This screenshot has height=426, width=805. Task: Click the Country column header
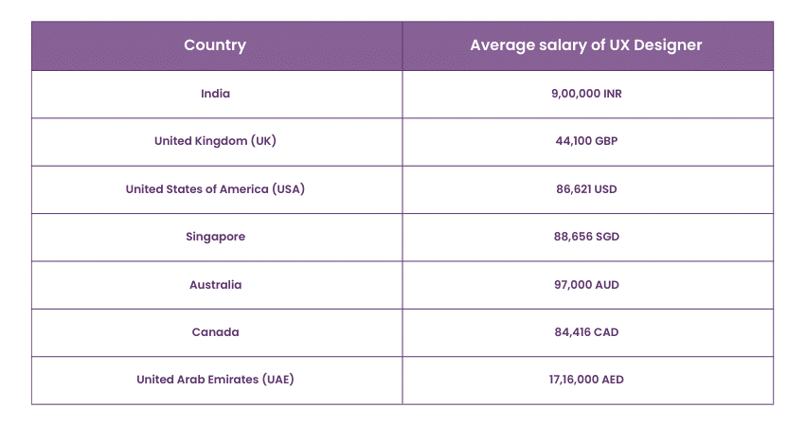coord(215,45)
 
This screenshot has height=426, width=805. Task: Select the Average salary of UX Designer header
coord(586,45)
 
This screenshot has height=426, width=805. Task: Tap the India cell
coord(215,94)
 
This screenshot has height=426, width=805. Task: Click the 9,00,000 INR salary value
coord(586,94)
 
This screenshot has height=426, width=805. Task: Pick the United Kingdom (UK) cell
coord(215,141)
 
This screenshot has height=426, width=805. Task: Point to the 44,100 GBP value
coord(586,141)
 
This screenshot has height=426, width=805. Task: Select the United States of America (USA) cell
coord(215,189)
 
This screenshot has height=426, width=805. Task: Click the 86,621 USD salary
coord(586,189)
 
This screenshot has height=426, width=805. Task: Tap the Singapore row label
coord(215,237)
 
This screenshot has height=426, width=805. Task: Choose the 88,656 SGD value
coord(586,237)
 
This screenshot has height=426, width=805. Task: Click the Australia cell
coord(215,285)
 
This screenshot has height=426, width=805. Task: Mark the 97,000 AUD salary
coord(586,285)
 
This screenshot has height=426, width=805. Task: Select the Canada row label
coord(215,332)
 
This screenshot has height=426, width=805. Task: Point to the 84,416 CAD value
coord(586,332)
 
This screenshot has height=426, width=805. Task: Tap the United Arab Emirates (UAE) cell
coord(215,380)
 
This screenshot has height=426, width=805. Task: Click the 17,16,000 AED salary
coord(586,380)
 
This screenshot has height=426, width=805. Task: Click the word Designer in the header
coord(667,45)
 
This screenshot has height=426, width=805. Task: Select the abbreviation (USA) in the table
coord(288,189)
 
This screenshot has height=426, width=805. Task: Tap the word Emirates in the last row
coord(233,380)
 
